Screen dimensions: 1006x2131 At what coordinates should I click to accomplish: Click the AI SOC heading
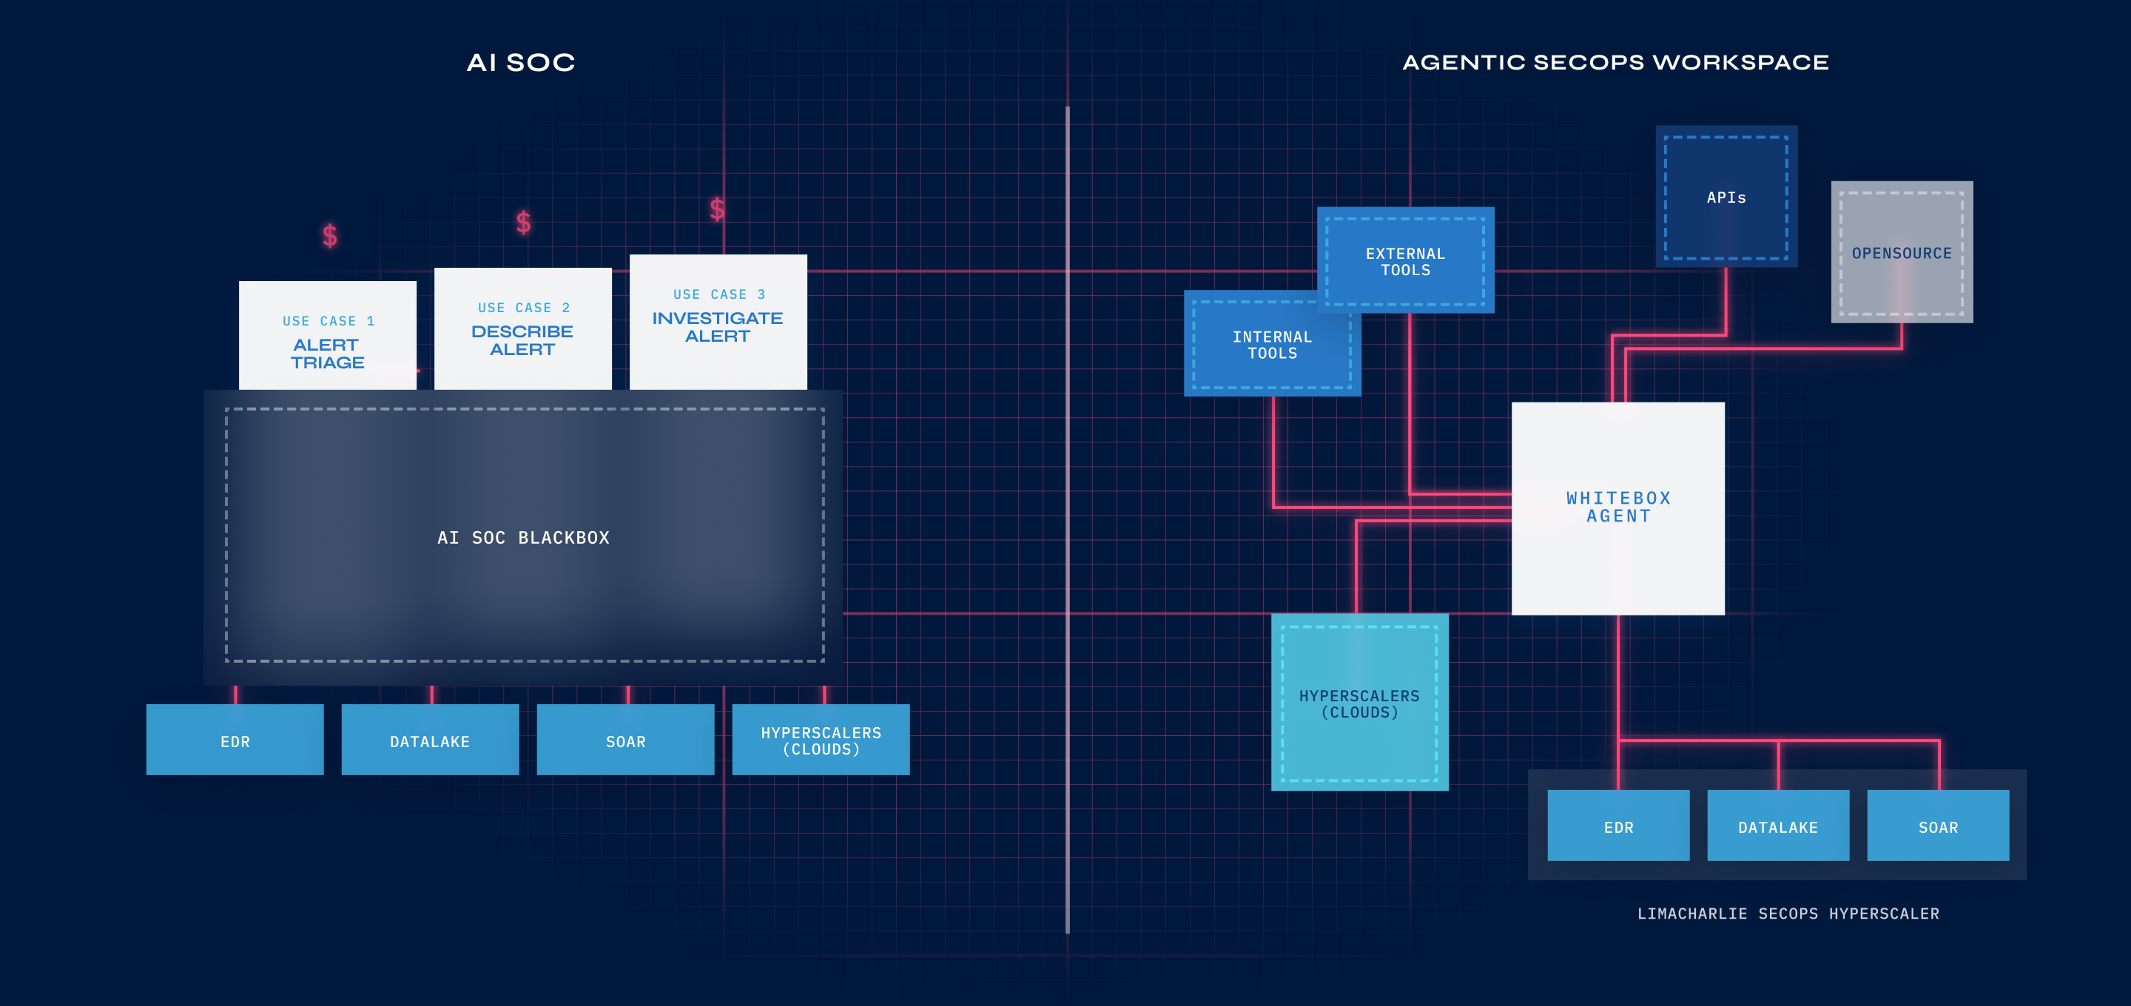pyautogui.click(x=520, y=63)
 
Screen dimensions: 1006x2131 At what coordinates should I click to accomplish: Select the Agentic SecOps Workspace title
pyautogui.click(x=1615, y=63)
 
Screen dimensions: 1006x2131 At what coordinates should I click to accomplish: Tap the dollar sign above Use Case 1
pyautogui.click(x=330, y=236)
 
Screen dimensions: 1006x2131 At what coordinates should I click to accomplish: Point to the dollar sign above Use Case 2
pyautogui.click(x=524, y=222)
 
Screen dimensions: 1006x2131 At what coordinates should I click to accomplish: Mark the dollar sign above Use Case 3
pyautogui.click(x=717, y=209)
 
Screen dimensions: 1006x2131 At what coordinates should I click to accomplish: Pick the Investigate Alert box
pyautogui.click(x=718, y=322)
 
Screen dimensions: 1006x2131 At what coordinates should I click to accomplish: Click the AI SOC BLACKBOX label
pyautogui.click(x=523, y=538)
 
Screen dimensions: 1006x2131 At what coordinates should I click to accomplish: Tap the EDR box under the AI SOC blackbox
pyautogui.click(x=235, y=740)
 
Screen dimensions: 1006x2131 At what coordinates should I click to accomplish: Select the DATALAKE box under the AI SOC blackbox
pyautogui.click(x=430, y=740)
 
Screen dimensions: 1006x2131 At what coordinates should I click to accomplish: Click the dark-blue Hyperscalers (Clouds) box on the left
pyautogui.click(x=821, y=740)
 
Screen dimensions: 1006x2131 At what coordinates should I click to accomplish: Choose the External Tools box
pyautogui.click(x=1406, y=260)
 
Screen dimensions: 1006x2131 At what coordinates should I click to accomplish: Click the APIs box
pyautogui.click(x=1726, y=197)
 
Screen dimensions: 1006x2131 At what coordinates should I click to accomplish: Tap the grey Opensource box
pyautogui.click(x=1902, y=252)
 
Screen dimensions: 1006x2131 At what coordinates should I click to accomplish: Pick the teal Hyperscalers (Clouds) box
pyautogui.click(x=1359, y=703)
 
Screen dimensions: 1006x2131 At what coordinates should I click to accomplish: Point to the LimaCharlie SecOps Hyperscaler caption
pyautogui.click(x=1788, y=914)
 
